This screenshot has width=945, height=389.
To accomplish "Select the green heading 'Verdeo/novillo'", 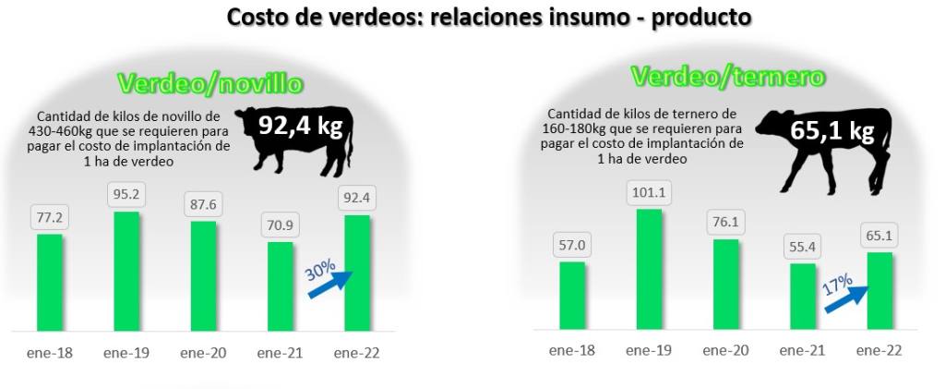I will click(x=210, y=84).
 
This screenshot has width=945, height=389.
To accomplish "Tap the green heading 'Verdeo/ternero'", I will click(x=727, y=77).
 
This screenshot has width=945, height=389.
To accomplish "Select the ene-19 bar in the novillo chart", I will click(x=126, y=271).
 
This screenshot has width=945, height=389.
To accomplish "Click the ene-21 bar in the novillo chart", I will click(x=281, y=286).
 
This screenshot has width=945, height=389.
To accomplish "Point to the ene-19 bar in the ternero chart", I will click(x=649, y=269).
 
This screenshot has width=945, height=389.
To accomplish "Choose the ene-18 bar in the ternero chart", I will click(x=572, y=295).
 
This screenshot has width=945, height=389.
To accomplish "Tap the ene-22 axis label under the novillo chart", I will click(x=357, y=353).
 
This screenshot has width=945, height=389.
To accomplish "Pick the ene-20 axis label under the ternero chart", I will click(x=725, y=351).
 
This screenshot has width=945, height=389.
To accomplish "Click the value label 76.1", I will click(x=726, y=223).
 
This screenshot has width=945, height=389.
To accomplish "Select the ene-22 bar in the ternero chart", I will click(x=880, y=290).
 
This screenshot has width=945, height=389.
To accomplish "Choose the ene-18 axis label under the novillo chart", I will click(x=50, y=353).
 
